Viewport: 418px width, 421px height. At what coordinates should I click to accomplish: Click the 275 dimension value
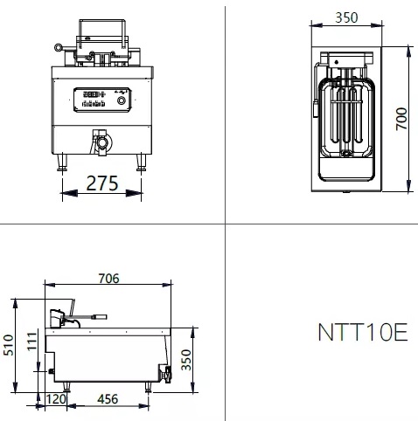(102, 183)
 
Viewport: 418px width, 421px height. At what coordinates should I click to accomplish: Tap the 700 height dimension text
(401, 119)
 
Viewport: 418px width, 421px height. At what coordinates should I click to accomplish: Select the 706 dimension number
(108, 279)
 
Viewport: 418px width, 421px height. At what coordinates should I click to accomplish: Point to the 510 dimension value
(9, 345)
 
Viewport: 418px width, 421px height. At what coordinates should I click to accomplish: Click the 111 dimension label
(32, 341)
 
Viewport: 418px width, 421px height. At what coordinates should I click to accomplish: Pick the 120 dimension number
(56, 399)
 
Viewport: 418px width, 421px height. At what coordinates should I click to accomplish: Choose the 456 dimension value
(108, 399)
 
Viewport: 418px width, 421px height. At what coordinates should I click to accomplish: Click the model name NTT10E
(363, 332)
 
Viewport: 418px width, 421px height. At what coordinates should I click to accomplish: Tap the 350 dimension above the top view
(346, 17)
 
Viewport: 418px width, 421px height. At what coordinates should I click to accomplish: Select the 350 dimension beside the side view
(186, 360)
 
